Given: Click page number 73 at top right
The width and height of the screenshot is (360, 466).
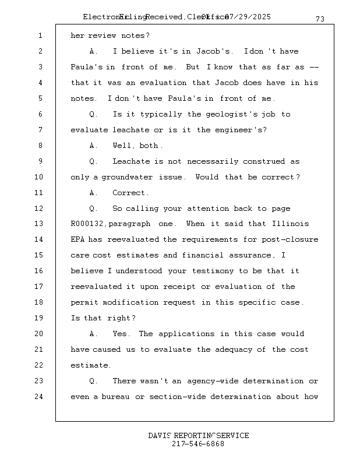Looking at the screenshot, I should (320, 19).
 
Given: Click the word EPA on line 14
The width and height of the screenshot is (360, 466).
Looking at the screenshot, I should (78, 240).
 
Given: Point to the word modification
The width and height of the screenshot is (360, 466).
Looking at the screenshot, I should (132, 303).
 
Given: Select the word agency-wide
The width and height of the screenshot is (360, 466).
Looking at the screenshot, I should (213, 382).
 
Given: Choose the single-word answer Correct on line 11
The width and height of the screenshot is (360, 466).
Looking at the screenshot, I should (130, 193).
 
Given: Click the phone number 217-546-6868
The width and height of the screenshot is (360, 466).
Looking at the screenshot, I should (198, 444).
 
